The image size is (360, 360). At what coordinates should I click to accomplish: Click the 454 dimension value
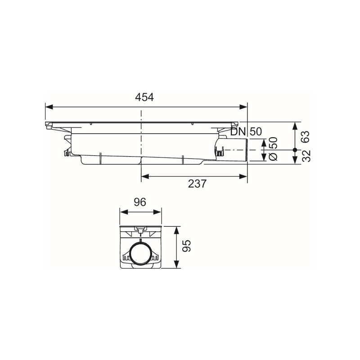tap(144, 97)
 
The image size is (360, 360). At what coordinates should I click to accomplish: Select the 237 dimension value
tap(198, 184)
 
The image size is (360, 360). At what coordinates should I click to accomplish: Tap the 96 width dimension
tap(140, 202)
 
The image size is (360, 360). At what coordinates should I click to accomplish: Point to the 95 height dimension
tap(188, 246)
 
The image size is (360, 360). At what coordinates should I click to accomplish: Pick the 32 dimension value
tap(306, 156)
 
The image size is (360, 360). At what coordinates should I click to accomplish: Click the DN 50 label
tap(246, 132)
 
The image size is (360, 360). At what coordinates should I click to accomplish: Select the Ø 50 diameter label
tap(273, 149)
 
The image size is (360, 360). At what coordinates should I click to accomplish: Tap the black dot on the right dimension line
tap(295, 150)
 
